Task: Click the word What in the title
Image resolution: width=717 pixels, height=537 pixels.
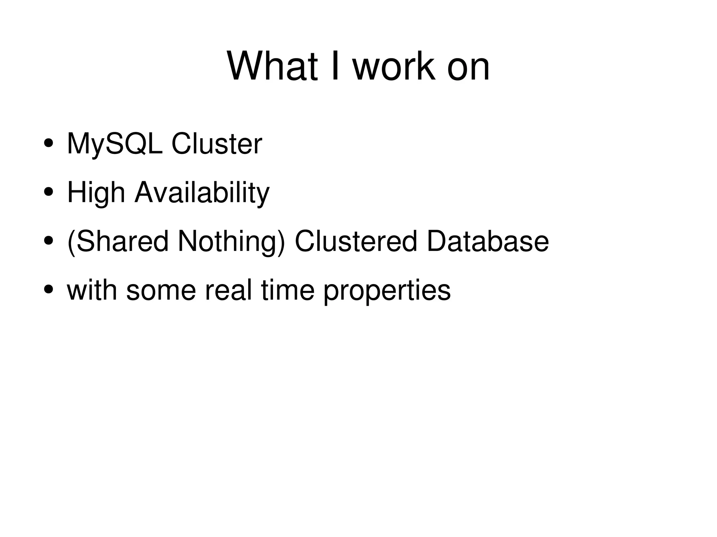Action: click(272, 66)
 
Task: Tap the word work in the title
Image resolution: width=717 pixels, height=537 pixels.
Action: click(394, 66)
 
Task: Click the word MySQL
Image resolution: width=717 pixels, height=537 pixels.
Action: click(114, 144)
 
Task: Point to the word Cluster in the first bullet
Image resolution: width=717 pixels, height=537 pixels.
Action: click(216, 144)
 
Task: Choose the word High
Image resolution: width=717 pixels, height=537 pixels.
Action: click(96, 193)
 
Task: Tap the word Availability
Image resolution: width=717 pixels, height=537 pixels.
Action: click(202, 193)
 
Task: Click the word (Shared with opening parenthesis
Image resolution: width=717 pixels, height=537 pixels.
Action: click(118, 241)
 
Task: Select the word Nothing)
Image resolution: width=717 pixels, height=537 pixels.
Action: click(231, 241)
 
